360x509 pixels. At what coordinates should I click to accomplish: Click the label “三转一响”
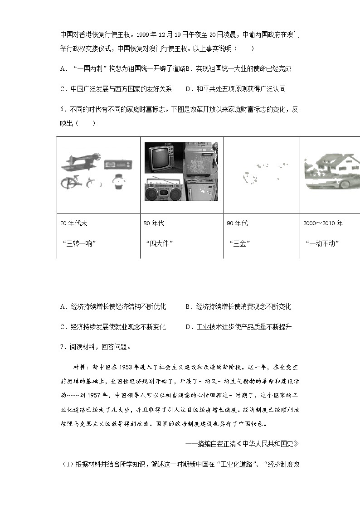[82, 243]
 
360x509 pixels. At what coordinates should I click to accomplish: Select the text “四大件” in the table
[159, 243]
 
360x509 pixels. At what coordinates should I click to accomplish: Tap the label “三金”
[240, 243]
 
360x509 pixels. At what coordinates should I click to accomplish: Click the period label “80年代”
[154, 223]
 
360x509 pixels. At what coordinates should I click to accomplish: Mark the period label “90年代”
[237, 223]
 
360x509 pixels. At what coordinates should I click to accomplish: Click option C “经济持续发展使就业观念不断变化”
[113, 327]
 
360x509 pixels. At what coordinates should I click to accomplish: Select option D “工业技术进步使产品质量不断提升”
[238, 327]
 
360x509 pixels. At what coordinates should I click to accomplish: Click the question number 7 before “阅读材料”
[62, 347]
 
